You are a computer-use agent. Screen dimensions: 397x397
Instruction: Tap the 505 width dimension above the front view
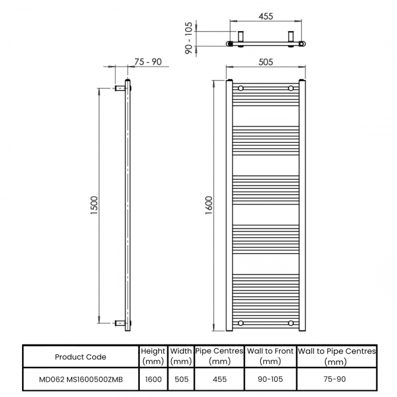point(265,61)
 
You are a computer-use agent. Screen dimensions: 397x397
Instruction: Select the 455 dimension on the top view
point(265,16)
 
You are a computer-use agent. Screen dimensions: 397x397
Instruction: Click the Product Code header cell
point(80,357)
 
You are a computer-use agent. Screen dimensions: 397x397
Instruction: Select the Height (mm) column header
point(153,356)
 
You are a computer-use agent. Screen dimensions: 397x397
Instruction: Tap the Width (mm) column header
point(181,356)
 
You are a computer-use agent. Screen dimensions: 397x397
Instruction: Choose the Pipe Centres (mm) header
point(219,356)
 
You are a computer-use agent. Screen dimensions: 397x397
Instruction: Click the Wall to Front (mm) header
point(270,356)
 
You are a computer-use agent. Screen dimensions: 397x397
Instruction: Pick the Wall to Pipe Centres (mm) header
point(337,356)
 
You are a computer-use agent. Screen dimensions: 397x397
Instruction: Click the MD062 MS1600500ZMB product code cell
point(80,379)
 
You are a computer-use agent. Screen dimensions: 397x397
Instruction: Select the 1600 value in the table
point(153,379)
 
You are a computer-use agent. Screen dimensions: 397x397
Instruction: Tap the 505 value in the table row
point(181,379)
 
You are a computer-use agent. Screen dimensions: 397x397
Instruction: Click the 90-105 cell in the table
point(270,379)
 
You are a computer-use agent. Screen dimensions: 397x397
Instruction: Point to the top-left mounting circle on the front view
point(241,89)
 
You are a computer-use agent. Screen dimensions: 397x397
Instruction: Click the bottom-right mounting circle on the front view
point(291,322)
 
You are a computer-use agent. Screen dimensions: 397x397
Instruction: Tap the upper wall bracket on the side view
point(120,89)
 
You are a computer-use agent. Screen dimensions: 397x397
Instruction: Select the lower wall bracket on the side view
point(120,322)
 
